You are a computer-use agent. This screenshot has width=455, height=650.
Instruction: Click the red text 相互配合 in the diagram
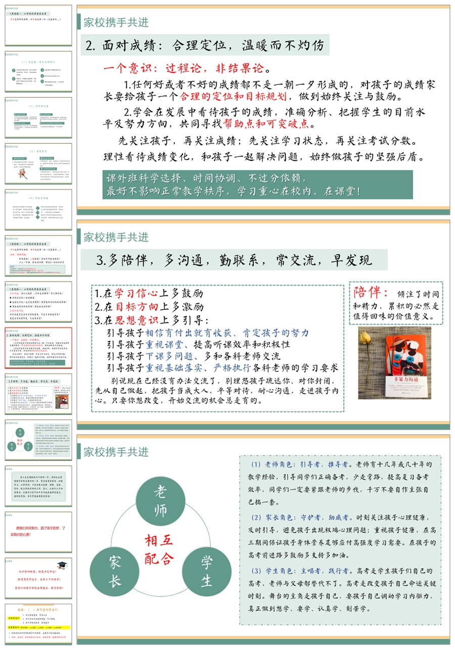[159, 549]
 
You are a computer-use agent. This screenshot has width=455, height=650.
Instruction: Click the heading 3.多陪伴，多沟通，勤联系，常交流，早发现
[234, 260]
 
